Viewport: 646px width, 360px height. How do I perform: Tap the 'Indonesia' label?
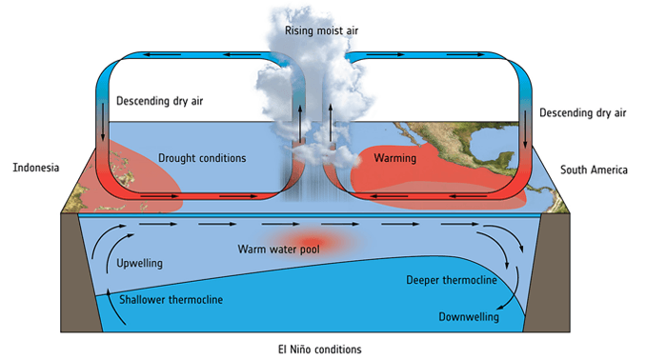click(x=36, y=168)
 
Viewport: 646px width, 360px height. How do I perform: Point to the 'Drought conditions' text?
click(x=203, y=157)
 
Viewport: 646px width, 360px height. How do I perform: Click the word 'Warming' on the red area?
click(x=394, y=156)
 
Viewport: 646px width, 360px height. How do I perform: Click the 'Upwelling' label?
click(x=139, y=262)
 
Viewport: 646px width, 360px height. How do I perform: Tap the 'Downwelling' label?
click(x=468, y=316)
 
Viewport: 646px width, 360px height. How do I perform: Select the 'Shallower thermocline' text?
click(x=171, y=300)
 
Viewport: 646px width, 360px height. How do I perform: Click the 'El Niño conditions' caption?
click(x=321, y=349)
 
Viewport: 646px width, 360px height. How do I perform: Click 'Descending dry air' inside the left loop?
click(x=160, y=100)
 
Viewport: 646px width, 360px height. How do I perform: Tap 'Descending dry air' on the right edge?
click(x=582, y=112)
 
